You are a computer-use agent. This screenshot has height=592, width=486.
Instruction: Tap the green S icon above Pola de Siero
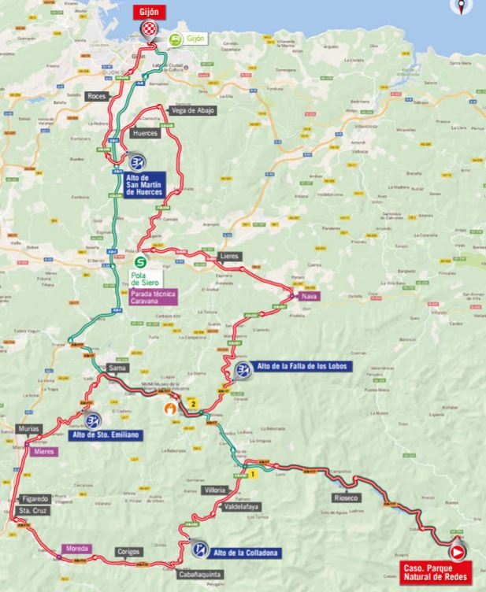pyautogui.click(x=140, y=263)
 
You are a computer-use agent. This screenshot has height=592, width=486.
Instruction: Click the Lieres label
pyautogui.click(x=229, y=257)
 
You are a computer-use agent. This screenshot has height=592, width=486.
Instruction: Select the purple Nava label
pyautogui.click(x=308, y=298)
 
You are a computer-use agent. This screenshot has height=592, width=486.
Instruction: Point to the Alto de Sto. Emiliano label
pyautogui.click(x=117, y=434)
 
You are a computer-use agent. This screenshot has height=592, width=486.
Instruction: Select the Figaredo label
pyautogui.click(x=35, y=499)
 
